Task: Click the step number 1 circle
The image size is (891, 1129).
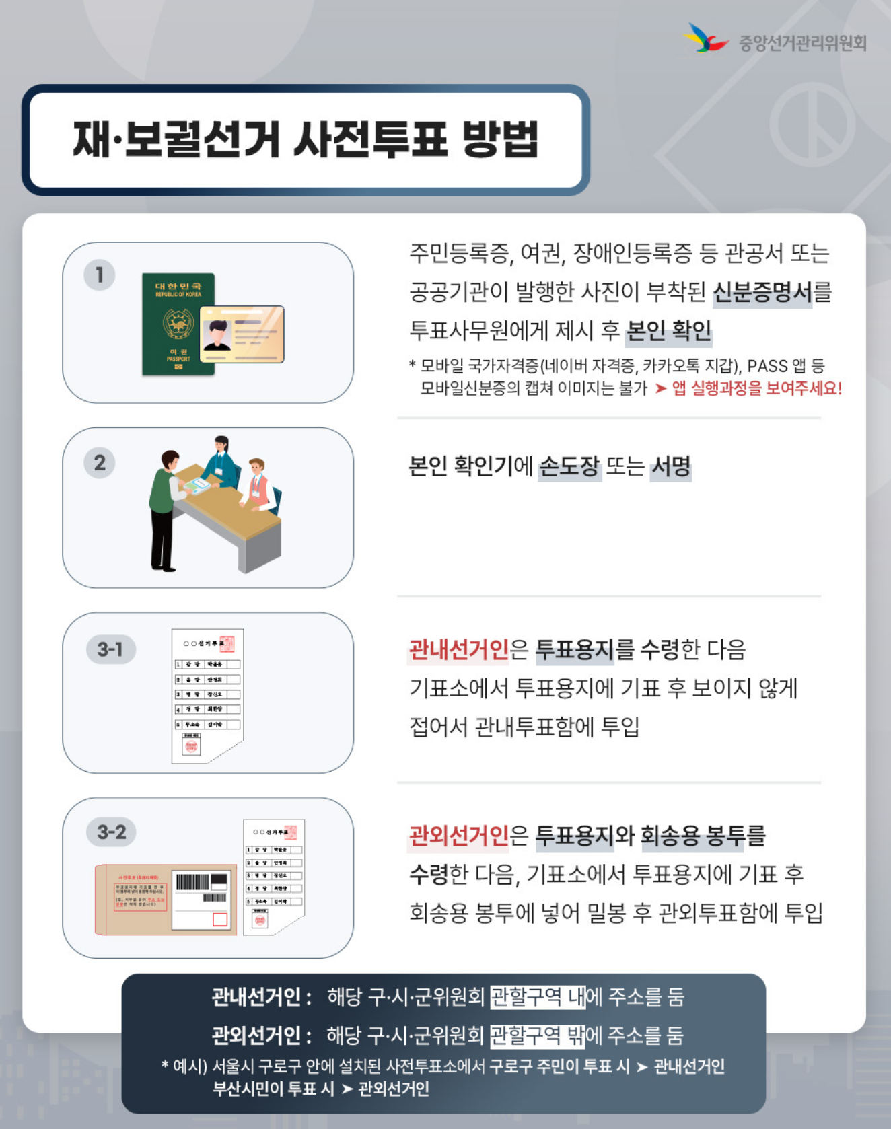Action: pos(100,275)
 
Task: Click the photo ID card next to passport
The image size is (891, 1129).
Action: pos(242,334)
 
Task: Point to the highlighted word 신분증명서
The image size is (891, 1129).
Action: pos(762,292)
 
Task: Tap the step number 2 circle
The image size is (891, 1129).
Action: pos(100,463)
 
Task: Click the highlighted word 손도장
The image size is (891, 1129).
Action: pos(569,466)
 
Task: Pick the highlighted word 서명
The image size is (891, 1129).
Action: pos(670,466)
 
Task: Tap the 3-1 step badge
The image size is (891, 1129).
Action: pos(110,649)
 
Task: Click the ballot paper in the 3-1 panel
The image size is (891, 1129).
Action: pos(207,696)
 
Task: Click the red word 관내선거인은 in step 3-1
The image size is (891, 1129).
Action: pos(459,650)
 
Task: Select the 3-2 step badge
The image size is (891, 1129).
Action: pos(111,832)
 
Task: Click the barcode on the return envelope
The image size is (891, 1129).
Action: pos(192,882)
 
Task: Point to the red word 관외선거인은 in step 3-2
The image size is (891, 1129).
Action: pos(459,836)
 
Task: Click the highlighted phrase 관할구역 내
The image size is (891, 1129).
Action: pos(538,996)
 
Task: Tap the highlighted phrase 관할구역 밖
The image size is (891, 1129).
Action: pos(537,1035)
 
